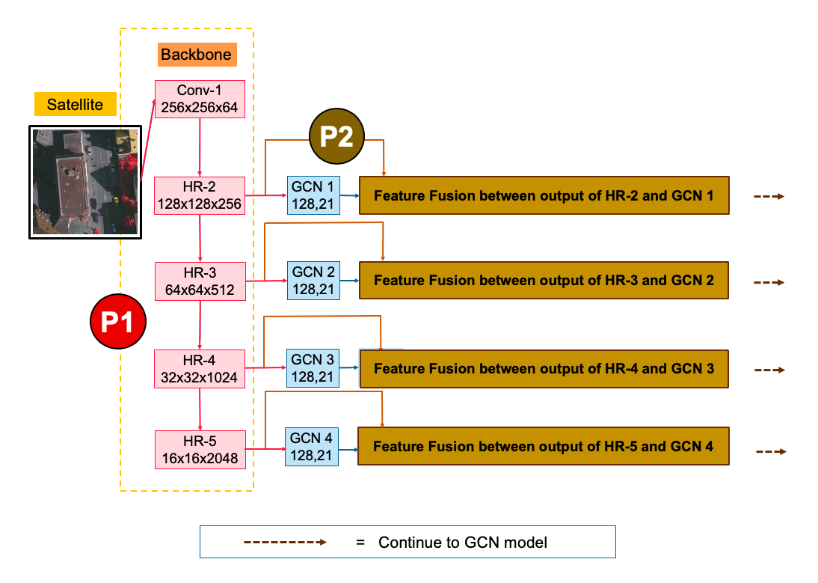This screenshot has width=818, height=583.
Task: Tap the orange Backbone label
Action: pyautogui.click(x=196, y=55)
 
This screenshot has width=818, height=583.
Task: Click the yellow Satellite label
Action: pyautogui.click(x=75, y=104)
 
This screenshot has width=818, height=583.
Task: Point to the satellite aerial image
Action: pyautogui.click(x=85, y=182)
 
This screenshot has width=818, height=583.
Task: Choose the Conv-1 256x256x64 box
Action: pyautogui.click(x=200, y=99)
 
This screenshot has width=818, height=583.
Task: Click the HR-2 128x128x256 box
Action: pyautogui.click(x=200, y=195)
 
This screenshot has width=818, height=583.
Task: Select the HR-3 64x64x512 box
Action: pyautogui.click(x=200, y=281)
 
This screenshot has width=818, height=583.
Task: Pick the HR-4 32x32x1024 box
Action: pyautogui.click(x=200, y=368)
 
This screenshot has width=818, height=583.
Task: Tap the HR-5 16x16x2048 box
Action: pyautogui.click(x=200, y=449)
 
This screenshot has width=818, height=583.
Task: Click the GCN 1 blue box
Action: pyautogui.click(x=313, y=195)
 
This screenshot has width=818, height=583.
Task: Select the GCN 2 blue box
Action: pyautogui.click(x=313, y=281)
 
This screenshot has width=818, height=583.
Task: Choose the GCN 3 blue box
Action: pyautogui.click(x=313, y=367)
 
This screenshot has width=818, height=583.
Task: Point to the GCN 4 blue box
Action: pyautogui.click(x=312, y=446)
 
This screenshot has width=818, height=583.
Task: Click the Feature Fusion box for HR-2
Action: pyautogui.click(x=544, y=196)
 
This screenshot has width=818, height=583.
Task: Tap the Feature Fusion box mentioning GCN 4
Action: pyautogui.click(x=543, y=447)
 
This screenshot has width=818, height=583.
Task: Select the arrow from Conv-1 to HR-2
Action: pyautogui.click(x=200, y=147)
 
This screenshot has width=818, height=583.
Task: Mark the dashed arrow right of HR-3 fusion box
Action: pyautogui.click(x=769, y=283)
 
